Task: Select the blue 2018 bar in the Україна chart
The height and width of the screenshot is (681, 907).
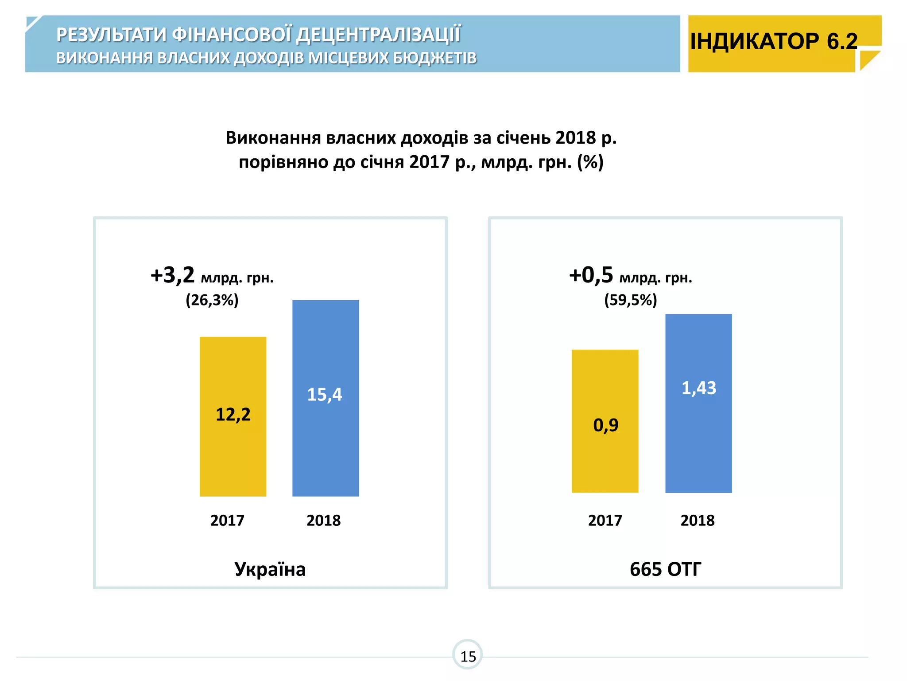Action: [326, 443]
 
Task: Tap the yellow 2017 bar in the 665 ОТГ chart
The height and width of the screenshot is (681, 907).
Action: [605, 461]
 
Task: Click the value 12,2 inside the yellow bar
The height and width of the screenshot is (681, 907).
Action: [233, 415]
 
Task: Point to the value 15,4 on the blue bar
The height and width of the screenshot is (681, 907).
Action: [325, 395]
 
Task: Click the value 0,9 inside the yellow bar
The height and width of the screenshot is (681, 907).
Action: [605, 425]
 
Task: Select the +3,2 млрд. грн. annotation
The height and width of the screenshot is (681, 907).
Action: [212, 276]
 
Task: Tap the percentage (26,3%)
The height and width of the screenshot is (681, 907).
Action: [212, 300]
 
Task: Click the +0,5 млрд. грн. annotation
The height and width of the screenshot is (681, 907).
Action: [630, 276]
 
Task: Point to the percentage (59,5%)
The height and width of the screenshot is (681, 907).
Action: [630, 300]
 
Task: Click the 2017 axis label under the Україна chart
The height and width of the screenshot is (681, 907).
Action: [227, 520]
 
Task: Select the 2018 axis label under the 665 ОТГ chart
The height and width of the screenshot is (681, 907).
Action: [698, 520]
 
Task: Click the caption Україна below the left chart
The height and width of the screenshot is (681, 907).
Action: [270, 569]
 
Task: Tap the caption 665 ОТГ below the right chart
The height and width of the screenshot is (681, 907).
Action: [665, 569]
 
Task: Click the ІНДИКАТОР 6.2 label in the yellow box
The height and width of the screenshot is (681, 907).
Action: [774, 41]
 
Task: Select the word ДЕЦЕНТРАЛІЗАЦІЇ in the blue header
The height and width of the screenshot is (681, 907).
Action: [379, 35]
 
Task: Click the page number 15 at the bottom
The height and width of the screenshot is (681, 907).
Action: [468, 656]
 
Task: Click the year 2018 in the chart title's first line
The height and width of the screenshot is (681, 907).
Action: [575, 138]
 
